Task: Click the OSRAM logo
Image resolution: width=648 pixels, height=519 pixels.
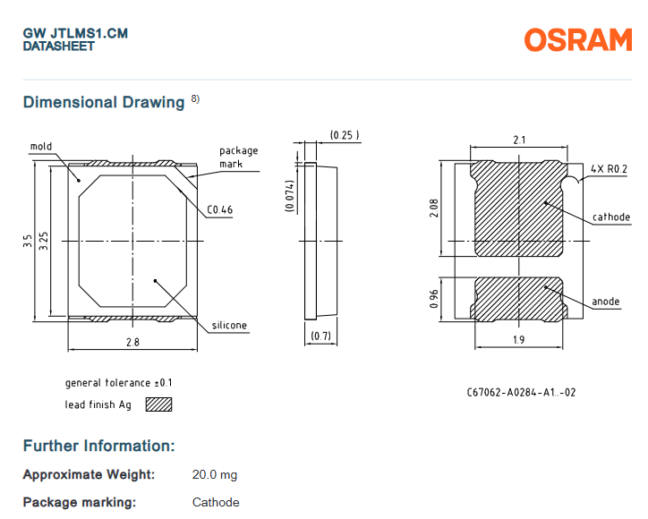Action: click(x=577, y=40)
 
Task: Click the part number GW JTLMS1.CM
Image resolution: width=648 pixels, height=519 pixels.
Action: click(x=75, y=33)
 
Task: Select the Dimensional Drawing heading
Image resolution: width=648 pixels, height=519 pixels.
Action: click(x=104, y=102)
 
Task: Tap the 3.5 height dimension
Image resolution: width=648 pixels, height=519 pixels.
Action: click(x=28, y=241)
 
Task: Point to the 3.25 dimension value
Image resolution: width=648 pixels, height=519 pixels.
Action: click(x=44, y=241)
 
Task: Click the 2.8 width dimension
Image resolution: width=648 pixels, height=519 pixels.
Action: click(x=132, y=343)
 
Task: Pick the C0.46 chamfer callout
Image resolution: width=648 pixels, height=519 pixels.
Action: click(x=220, y=210)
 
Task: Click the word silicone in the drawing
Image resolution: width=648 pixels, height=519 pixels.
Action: click(x=229, y=325)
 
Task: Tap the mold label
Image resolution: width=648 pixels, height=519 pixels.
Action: click(x=41, y=146)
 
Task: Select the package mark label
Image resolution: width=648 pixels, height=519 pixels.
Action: click(x=238, y=157)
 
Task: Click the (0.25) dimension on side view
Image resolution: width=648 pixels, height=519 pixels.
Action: click(x=345, y=135)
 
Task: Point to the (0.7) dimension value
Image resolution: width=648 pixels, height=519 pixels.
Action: click(x=320, y=336)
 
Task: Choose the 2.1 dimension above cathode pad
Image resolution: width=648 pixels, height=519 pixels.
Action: click(x=519, y=139)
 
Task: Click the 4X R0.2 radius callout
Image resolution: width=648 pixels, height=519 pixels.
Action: click(x=610, y=168)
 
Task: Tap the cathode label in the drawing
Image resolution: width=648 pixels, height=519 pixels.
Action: click(x=611, y=217)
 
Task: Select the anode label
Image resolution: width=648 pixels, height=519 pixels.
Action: click(x=606, y=302)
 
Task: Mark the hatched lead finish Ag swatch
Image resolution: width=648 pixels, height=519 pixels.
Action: click(x=158, y=404)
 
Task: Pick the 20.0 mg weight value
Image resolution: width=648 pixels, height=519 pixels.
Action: click(x=215, y=474)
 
